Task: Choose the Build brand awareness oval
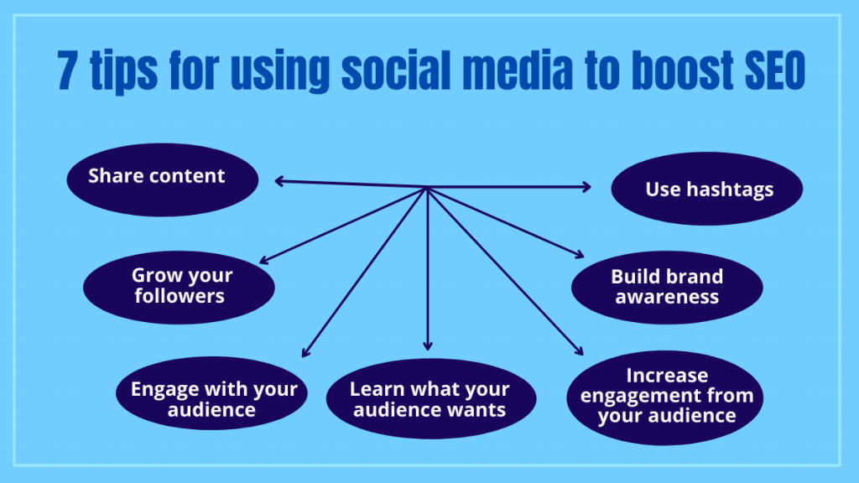[667, 286]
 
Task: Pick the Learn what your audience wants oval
[429, 400]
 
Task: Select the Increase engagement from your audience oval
[667, 396]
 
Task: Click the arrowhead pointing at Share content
[279, 180]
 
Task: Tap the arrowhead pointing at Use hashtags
[587, 187]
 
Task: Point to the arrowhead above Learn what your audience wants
[428, 345]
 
